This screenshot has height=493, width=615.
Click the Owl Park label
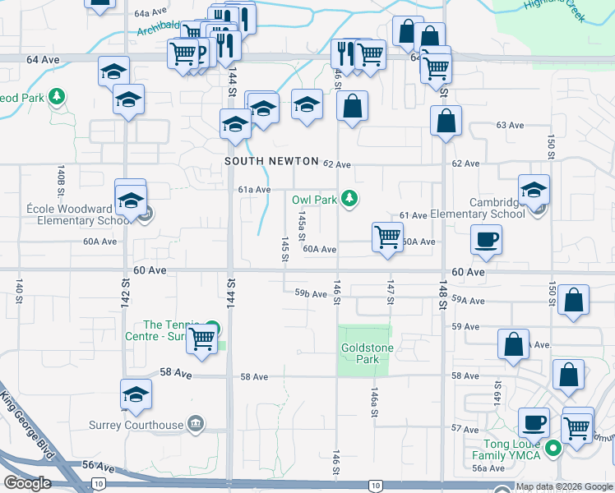point(316,200)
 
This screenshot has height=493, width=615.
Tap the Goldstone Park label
point(360,353)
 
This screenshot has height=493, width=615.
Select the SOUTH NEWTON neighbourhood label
point(266,162)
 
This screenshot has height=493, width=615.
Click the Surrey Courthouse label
point(136,425)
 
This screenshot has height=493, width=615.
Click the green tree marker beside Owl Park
point(350,198)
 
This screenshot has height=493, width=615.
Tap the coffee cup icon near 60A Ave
point(486,239)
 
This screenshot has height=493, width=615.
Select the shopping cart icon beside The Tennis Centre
point(201,339)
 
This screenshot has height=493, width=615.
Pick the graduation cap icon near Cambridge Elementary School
point(534,190)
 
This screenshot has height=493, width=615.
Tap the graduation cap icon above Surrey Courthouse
point(136,393)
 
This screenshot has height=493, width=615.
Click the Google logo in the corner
point(27,483)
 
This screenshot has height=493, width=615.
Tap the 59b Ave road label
point(312,293)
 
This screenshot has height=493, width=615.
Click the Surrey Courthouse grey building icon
point(196,425)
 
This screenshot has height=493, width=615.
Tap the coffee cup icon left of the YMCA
point(534,422)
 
